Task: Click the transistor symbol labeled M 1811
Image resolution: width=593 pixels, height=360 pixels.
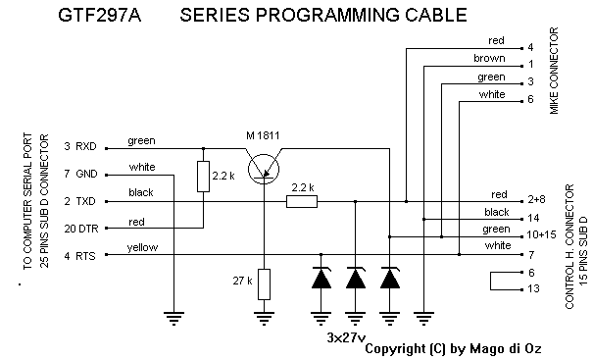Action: [264, 170]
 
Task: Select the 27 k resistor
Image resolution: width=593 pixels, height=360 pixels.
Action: [264, 284]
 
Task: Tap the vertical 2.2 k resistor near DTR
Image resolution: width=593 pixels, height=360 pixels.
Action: [204, 177]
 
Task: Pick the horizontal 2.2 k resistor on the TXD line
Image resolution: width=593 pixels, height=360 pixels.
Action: [302, 201]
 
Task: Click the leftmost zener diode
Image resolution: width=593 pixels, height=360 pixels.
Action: [321, 278]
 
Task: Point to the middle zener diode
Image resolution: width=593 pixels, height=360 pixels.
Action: [356, 278]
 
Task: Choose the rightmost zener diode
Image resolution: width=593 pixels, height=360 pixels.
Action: [390, 278]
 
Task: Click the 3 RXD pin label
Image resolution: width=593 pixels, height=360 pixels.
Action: [80, 146]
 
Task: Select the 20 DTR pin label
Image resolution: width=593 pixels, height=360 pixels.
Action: [81, 229]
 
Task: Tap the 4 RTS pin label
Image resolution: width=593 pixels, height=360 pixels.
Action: [79, 256]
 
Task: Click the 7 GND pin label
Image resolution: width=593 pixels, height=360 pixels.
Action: [80, 174]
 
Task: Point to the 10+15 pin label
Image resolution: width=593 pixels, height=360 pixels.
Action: [541, 234]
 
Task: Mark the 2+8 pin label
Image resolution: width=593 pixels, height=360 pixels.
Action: [536, 199]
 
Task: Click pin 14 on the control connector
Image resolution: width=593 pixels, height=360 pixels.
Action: [533, 218]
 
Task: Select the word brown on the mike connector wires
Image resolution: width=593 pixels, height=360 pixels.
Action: [489, 58]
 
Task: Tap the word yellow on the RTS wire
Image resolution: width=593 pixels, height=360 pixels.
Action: [142, 247]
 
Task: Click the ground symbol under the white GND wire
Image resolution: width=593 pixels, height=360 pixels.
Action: [173, 319]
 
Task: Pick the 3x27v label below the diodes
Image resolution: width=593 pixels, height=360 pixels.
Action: [346, 337]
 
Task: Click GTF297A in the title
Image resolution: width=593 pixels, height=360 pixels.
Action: [100, 16]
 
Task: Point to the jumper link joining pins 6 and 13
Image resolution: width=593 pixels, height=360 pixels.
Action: [490, 281]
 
